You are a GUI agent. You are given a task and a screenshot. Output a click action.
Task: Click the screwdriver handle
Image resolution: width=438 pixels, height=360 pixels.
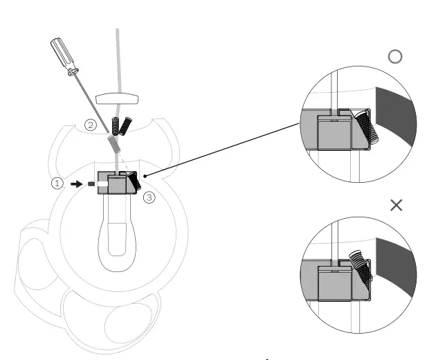(63, 56)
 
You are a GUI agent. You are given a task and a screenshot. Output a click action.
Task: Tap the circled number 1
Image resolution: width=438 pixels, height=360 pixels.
(58, 183)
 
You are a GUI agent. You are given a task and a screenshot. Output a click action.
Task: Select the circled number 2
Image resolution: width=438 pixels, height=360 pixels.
(91, 125)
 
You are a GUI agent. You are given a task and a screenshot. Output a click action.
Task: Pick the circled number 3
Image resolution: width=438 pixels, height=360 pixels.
(150, 197)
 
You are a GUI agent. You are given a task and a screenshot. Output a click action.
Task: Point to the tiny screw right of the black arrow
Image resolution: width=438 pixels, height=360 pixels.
(91, 184)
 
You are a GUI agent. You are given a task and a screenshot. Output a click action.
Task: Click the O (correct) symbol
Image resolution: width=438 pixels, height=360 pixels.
(395, 57)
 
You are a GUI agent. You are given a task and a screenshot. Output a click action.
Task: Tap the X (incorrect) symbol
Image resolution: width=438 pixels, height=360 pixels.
(396, 206)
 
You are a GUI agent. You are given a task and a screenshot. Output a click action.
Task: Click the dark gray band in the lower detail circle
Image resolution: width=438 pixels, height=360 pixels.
(394, 267)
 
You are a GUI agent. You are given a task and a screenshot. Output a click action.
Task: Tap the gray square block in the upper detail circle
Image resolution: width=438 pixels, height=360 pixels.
(332, 132)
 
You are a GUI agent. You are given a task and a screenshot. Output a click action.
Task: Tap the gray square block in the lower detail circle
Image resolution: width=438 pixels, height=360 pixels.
(333, 282)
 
